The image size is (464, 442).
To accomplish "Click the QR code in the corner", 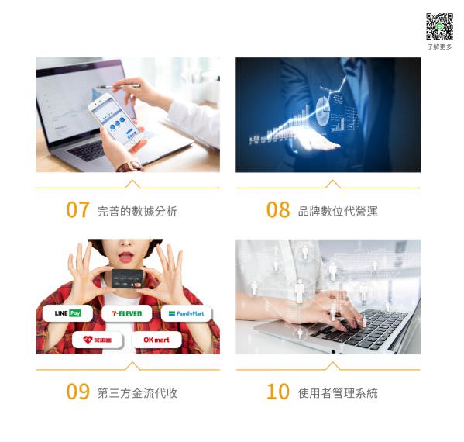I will coord(438,27).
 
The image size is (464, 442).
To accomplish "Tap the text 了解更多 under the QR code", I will coord(439,47).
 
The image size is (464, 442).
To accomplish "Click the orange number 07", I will coord(77,210).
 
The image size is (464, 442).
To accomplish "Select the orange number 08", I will coord(277,210).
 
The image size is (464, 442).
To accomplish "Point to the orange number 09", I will coord(77,392).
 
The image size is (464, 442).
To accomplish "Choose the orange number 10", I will coord(277,392).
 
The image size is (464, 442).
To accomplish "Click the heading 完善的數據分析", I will coord(137,211).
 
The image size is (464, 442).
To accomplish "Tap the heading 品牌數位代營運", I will coord(338,211).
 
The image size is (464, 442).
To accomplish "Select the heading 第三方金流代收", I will coord(137,392).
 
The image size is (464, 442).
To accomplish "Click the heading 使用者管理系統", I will coord(338,392).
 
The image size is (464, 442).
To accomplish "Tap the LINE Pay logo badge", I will coord(68,313).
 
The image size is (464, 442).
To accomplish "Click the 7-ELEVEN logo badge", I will coord(127,313).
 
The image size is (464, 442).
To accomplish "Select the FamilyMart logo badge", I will coord(186,313).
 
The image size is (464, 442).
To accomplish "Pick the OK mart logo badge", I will coord(156,340).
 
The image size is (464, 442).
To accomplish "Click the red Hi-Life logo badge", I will coord(98,340).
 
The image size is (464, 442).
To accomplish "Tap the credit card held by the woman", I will coord(128,277).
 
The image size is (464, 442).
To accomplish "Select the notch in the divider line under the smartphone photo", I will coord(132,185).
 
